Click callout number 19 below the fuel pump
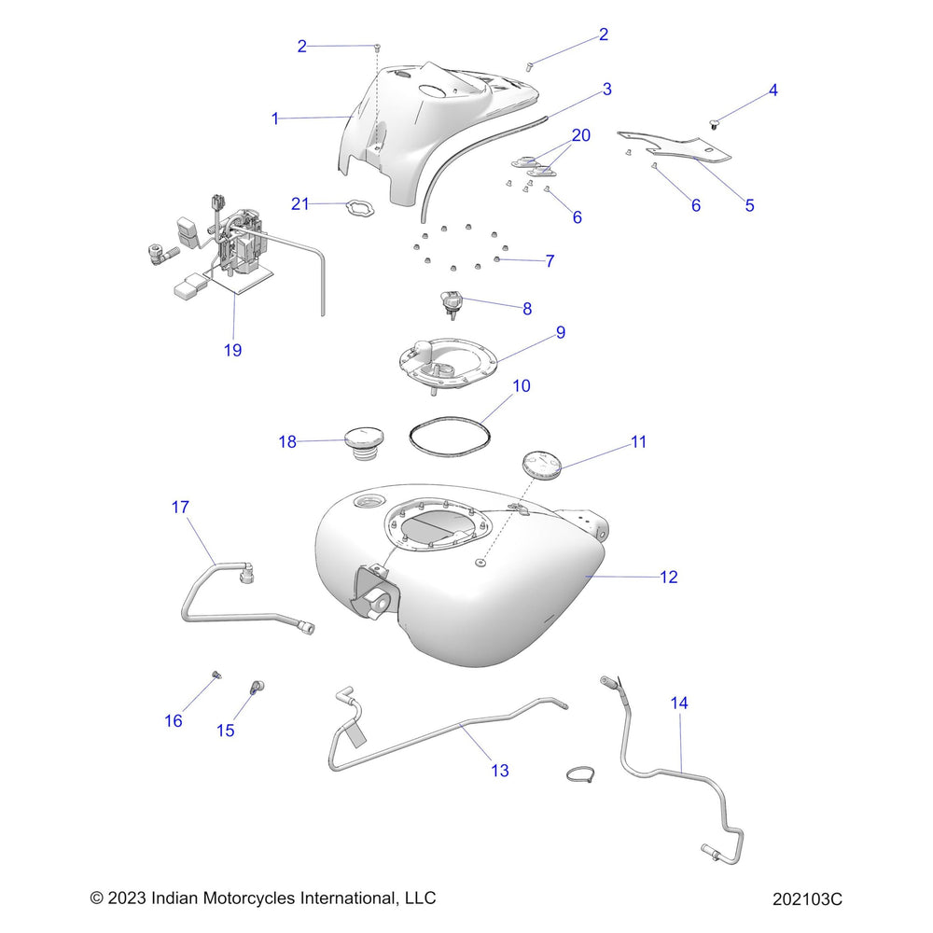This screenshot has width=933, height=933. click(232, 350)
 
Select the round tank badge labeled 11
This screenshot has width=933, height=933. click(539, 464)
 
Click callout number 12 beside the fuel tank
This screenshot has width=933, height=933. click(669, 577)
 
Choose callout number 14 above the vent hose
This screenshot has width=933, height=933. click(679, 703)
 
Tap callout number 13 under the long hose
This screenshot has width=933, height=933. click(500, 770)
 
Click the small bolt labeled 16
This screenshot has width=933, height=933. click(216, 675)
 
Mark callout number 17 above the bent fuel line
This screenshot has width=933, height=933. click(180, 507)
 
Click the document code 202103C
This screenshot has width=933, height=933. click(807, 899)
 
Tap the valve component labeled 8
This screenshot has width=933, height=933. click(452, 303)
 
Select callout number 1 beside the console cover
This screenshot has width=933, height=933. click(274, 118)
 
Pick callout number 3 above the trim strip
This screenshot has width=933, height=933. click(606, 90)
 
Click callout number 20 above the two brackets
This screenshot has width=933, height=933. click(580, 135)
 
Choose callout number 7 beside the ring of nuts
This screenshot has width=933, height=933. click(550, 260)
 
